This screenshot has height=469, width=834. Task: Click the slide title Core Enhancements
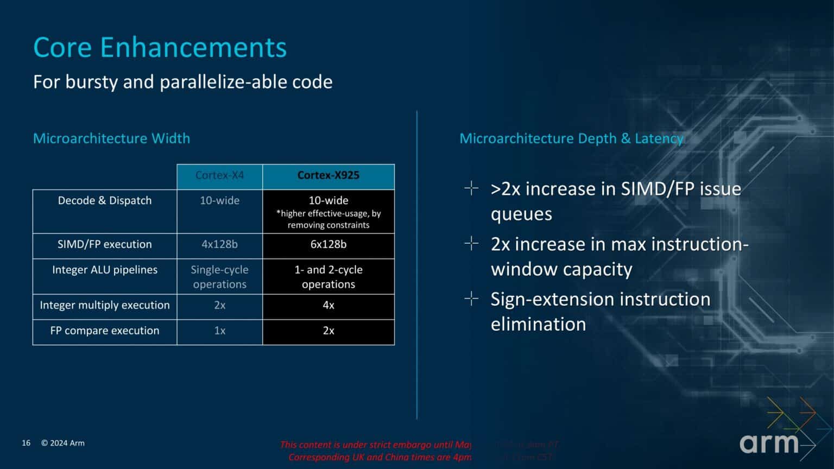[x=160, y=47]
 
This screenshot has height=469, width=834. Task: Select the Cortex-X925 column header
[x=328, y=175]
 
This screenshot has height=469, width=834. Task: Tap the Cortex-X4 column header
[x=219, y=175]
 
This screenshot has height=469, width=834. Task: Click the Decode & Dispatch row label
[x=104, y=200]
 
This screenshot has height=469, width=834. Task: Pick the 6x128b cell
[x=328, y=244]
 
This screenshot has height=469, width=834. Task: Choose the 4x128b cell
[x=219, y=244]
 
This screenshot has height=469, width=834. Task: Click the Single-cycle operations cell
[x=219, y=277]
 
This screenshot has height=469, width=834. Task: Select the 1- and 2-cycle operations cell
[x=328, y=277]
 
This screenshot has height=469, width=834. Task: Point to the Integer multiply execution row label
[x=104, y=305]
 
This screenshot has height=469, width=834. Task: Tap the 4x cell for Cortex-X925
[x=328, y=305]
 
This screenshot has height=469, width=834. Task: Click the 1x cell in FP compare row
[x=219, y=331]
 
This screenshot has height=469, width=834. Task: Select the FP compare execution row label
[x=104, y=331]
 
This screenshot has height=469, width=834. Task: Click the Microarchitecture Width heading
[x=111, y=138]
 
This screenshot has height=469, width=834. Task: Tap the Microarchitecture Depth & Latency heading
[x=571, y=138]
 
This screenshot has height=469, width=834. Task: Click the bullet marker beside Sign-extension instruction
[x=471, y=299]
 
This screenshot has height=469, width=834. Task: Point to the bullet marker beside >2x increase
[x=471, y=188]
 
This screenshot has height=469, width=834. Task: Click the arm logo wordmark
[x=768, y=443]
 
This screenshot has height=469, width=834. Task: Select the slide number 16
[x=26, y=443]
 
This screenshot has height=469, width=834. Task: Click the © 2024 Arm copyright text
[x=63, y=443]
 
